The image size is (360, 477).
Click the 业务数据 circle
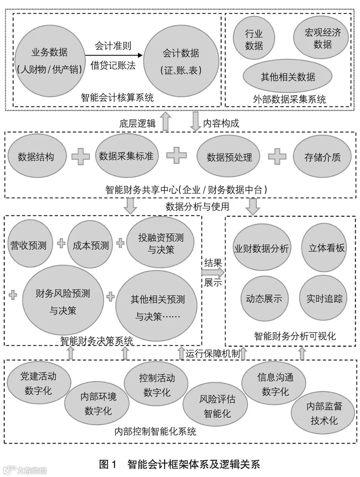point(49,61)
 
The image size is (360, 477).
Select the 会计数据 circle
point(181,61)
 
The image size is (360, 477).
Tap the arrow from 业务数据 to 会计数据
point(113,55)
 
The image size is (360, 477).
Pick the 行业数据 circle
point(254,39)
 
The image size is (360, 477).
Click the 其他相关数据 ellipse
point(288,77)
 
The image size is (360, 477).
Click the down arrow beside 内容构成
point(195,122)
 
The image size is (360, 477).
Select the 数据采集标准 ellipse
point(126,156)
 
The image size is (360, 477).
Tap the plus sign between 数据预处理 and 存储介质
point(277,156)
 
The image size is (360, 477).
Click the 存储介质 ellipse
point(322,157)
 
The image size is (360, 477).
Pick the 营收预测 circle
point(28,246)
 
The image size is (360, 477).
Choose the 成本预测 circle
point(90,246)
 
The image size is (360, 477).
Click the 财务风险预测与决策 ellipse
point(63,302)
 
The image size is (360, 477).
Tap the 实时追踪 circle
point(324,298)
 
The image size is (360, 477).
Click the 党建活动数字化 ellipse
point(38,383)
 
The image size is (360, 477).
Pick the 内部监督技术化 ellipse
point(324,413)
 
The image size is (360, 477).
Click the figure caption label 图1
point(107,464)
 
